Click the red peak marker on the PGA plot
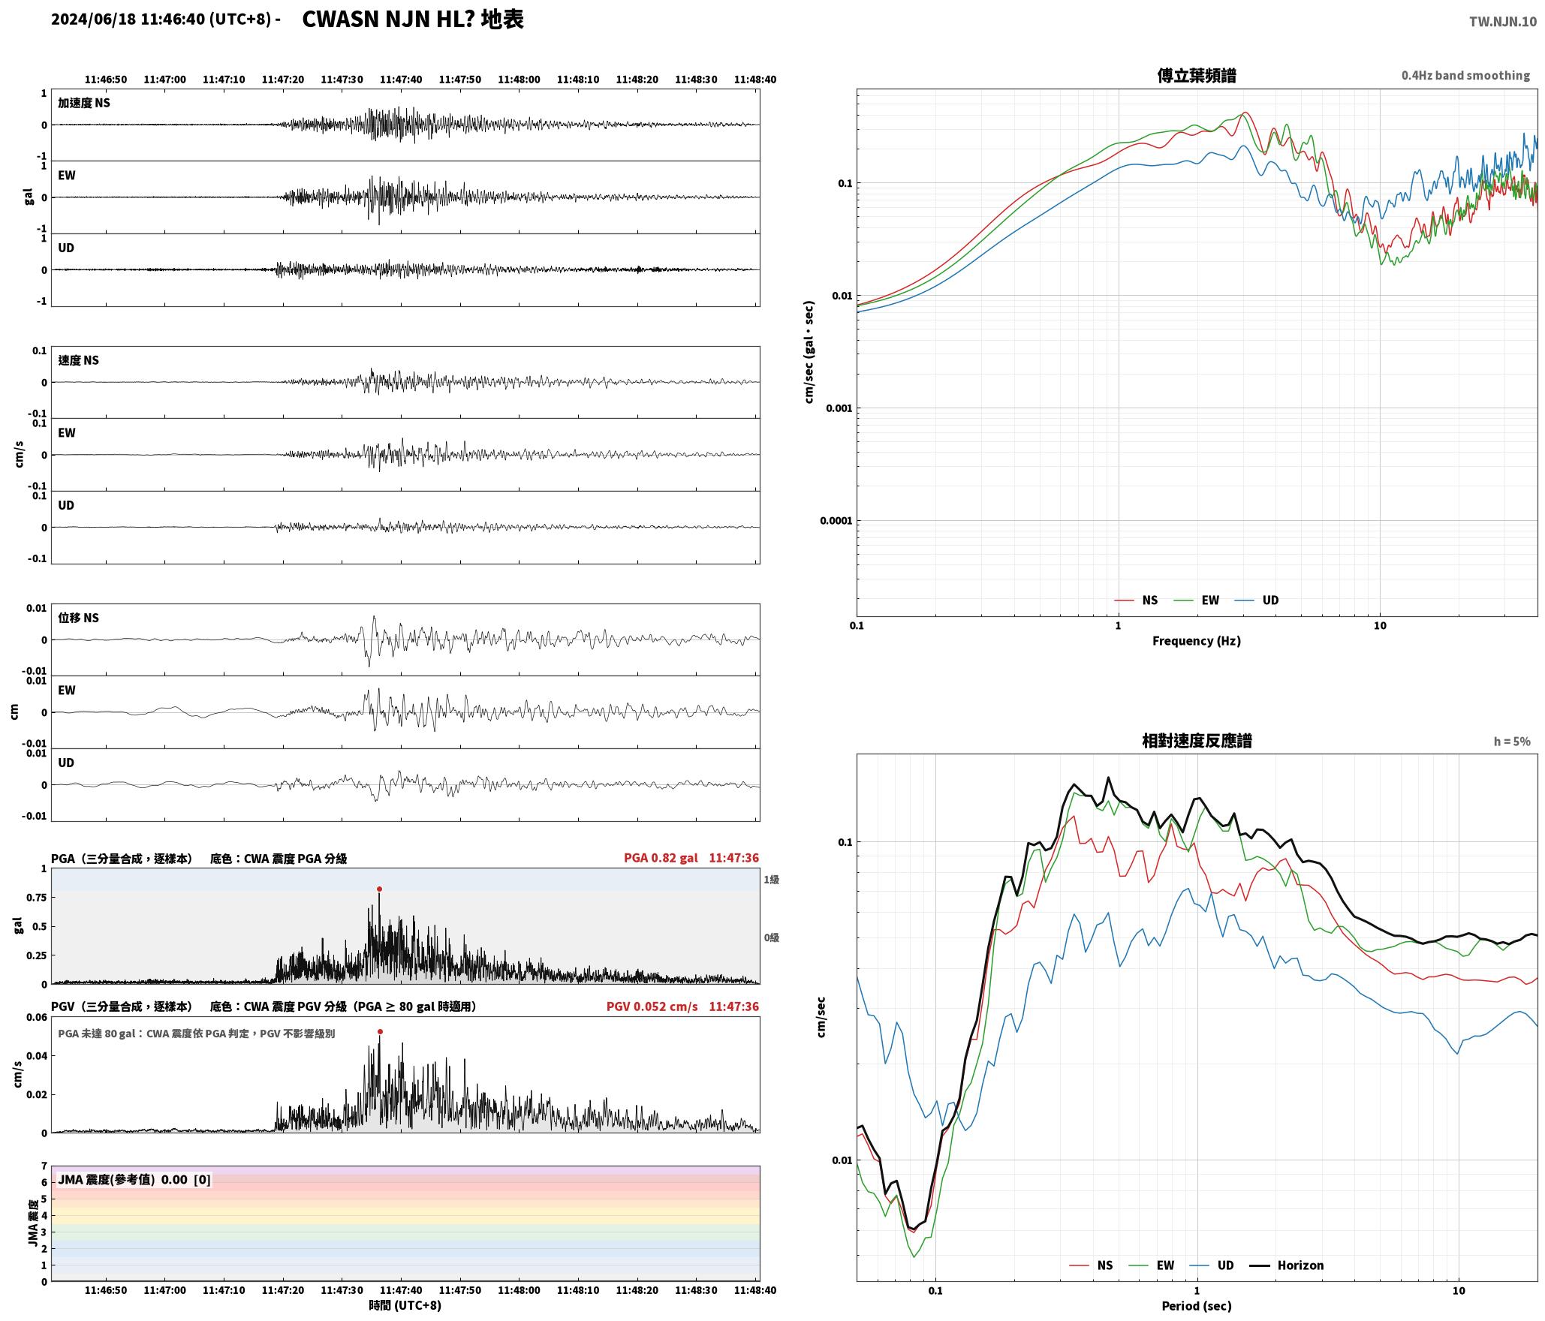tap(379, 889)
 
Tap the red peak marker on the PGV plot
tap(380, 1031)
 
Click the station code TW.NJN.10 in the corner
tap(1503, 22)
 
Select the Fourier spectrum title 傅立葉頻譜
tap(1197, 75)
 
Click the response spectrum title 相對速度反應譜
tap(1197, 741)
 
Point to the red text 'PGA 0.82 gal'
tap(661, 858)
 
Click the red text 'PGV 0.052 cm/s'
tap(652, 1007)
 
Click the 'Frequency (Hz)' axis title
tap(1197, 640)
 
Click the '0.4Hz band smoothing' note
tap(1465, 75)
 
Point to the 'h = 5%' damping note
tap(1512, 742)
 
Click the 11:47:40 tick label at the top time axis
tap(401, 79)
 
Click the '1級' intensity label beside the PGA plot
tap(771, 879)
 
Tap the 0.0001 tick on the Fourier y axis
tap(836, 521)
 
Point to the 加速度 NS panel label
tap(84, 103)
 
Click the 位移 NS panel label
tap(79, 618)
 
